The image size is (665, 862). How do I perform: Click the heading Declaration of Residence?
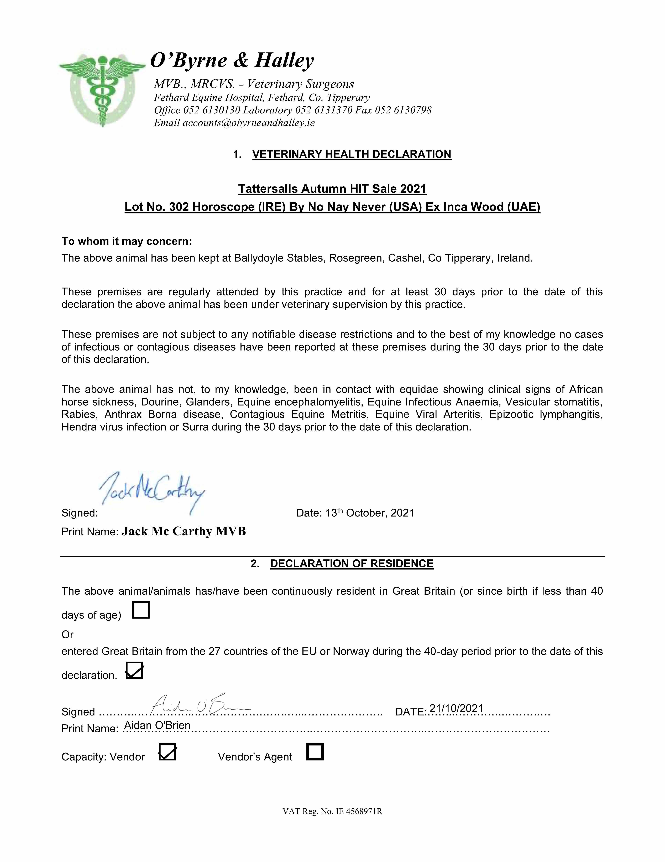(352, 564)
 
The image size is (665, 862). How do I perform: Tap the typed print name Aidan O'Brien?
(157, 725)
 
